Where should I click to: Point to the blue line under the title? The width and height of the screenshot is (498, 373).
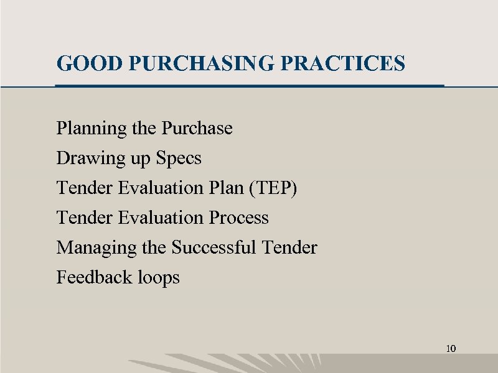pos(249,85)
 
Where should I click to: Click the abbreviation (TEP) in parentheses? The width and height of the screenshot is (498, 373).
pos(273,188)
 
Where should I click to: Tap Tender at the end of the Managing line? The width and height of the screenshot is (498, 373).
pos(290,247)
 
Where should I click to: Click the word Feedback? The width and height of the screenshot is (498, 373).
pos(85,277)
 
